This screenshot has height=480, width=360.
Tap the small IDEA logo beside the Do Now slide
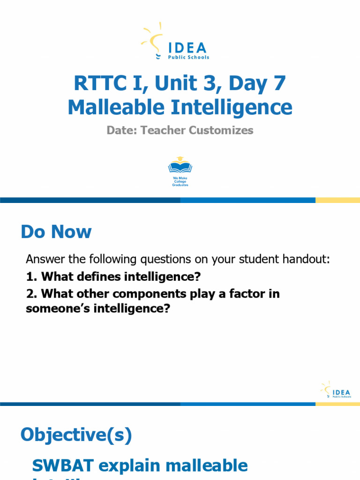(x=336, y=390)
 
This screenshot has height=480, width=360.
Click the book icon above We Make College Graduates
(x=180, y=165)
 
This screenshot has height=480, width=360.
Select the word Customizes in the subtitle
(x=221, y=130)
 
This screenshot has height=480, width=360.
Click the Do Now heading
(x=56, y=232)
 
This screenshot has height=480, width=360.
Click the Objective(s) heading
(x=76, y=435)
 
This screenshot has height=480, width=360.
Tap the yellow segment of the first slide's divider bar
(x=337, y=200)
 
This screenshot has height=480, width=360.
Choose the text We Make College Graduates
(x=180, y=182)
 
